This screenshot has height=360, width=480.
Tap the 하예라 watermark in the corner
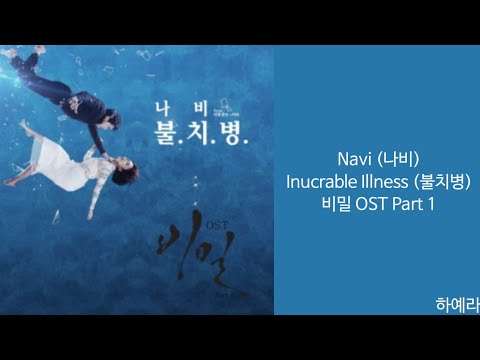[x=457, y=304]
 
